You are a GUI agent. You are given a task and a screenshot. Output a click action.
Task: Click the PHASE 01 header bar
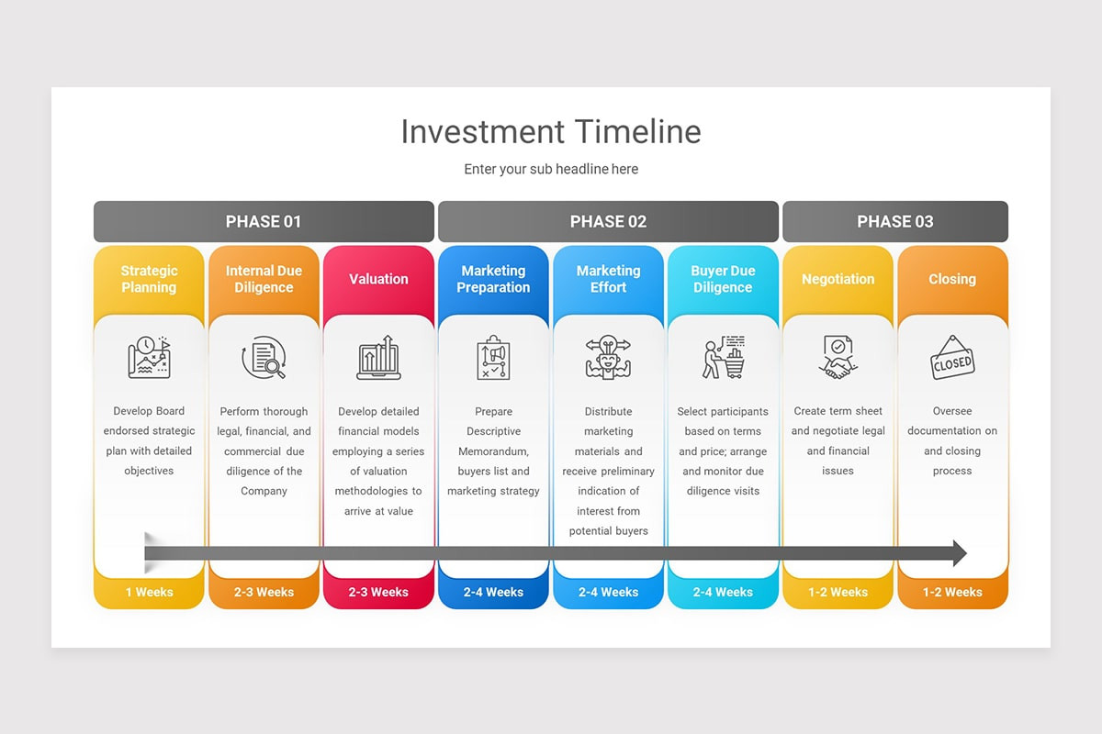point(264,221)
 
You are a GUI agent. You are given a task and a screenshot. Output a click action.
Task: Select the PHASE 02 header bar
point(608,221)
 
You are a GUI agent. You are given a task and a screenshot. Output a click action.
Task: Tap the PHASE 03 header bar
point(895,221)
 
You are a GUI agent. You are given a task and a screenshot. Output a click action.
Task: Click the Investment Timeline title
point(551,132)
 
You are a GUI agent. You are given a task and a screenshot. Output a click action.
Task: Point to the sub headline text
point(551,169)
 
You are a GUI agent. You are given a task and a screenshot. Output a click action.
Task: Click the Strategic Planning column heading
point(149,279)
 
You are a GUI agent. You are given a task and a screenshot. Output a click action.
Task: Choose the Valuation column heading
point(378,279)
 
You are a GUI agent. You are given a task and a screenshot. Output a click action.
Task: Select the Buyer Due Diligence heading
point(723,279)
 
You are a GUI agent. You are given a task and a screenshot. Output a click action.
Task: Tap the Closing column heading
point(952,279)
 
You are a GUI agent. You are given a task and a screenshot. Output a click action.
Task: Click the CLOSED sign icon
point(952,358)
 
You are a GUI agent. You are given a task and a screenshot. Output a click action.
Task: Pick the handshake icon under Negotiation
point(838,358)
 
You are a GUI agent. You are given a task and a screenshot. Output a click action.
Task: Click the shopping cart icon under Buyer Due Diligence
point(724,358)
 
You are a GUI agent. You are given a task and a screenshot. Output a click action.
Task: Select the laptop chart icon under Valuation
point(378,358)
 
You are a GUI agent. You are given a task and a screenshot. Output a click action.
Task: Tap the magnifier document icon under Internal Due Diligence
point(264,358)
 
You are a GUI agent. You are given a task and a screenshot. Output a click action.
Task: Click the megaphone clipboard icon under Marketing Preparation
point(493,358)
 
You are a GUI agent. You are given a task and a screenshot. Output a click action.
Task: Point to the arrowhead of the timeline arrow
point(959,553)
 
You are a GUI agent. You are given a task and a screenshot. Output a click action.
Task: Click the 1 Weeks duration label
point(149,593)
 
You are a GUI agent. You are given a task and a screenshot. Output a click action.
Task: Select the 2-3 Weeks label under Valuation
point(378,593)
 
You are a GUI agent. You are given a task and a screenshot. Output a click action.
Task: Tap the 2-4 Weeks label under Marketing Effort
point(608,593)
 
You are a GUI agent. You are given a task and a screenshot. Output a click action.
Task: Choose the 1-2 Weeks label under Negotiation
point(838,593)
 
